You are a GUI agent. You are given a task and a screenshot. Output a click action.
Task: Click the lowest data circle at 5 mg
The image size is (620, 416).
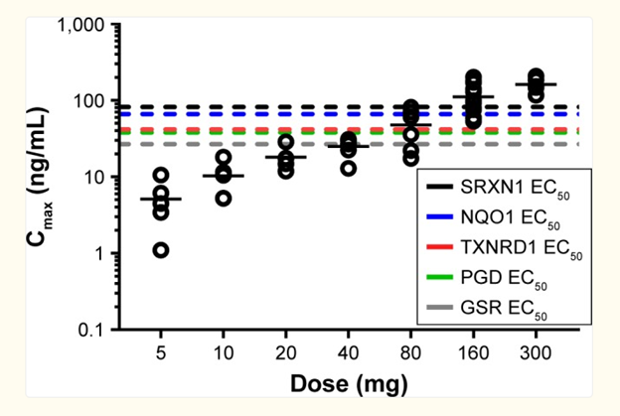pos(161,250)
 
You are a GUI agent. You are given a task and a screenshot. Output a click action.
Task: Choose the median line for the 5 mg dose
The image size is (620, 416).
pos(161,199)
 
